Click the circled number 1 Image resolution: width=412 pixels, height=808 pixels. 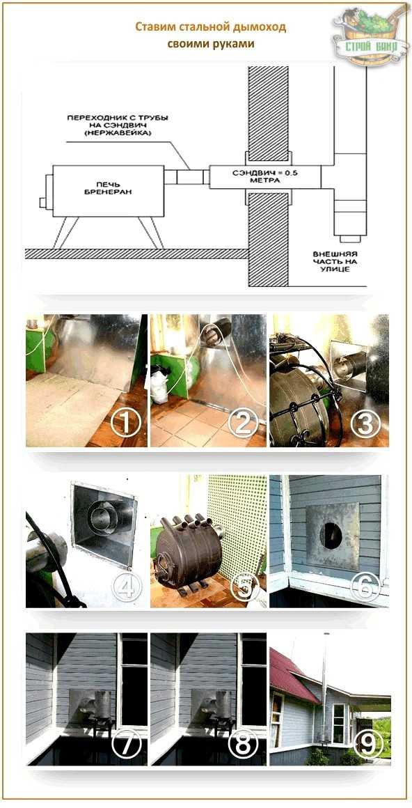tap(125, 426)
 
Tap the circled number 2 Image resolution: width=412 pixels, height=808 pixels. tap(244, 426)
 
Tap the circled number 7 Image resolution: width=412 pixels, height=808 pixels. tap(125, 743)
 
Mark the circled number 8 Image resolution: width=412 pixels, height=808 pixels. tap(244, 743)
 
